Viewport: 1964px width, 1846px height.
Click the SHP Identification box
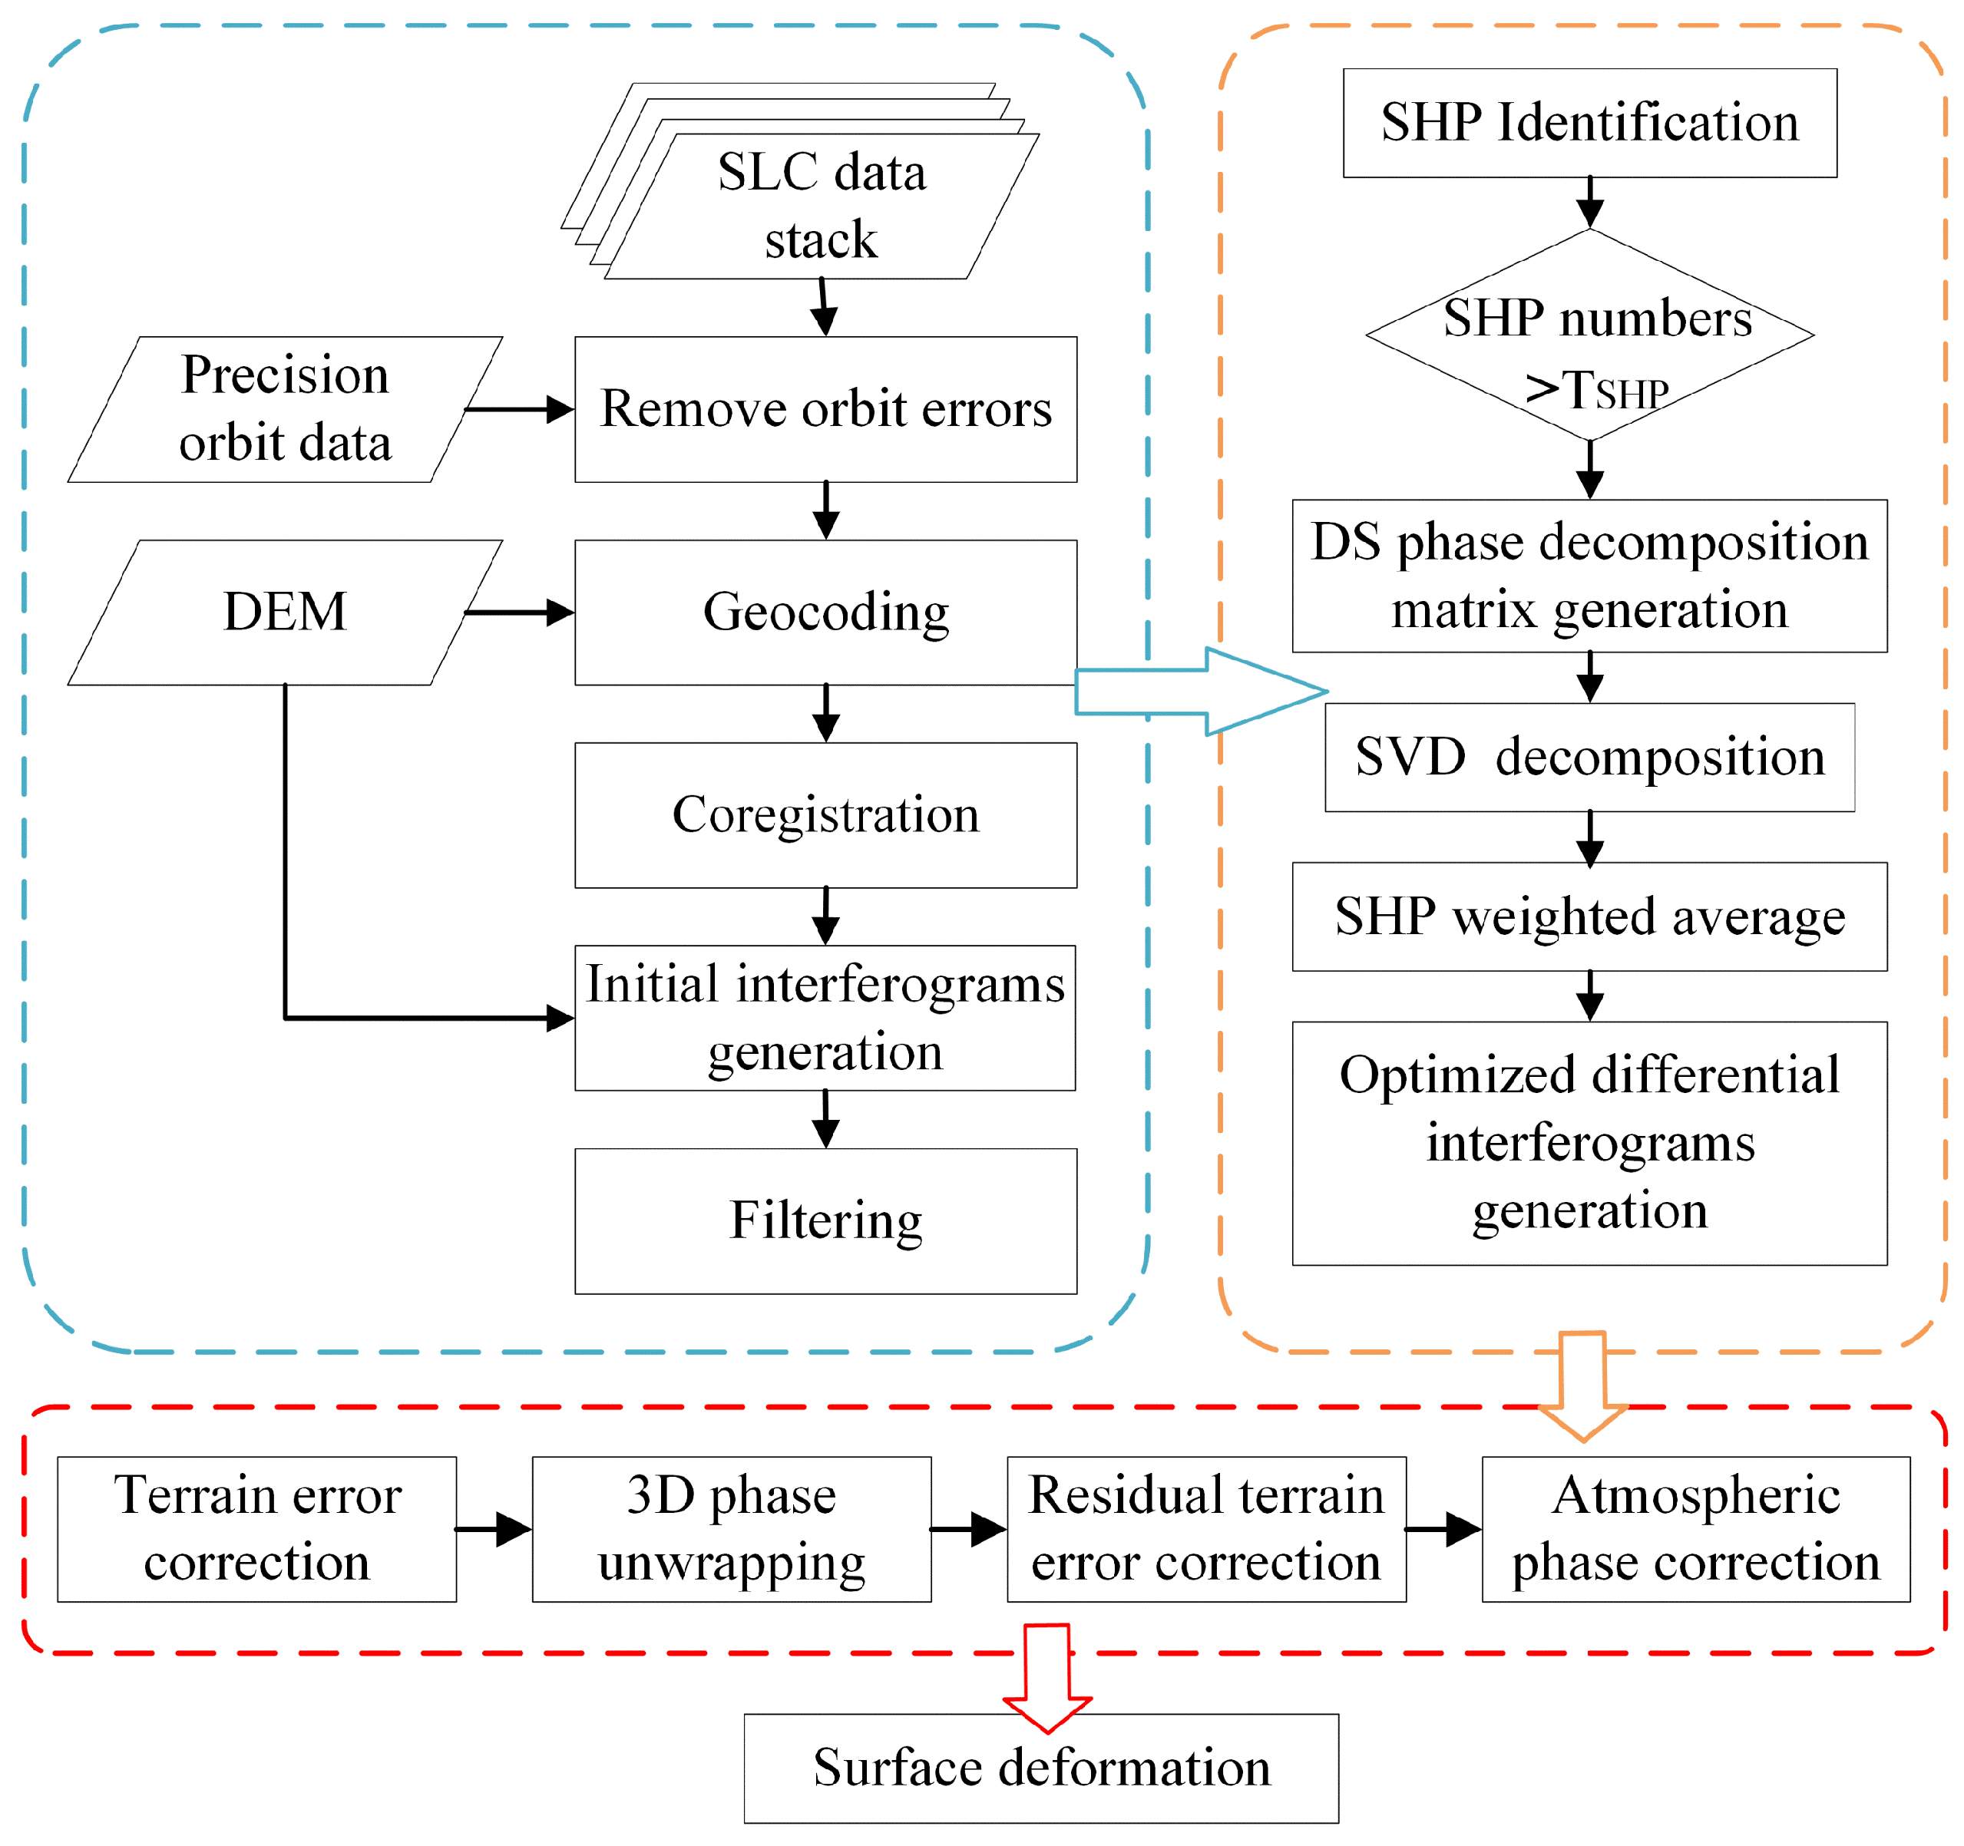pos(1589,124)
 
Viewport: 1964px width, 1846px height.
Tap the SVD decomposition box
pos(1589,758)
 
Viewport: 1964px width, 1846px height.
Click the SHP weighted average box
pos(1589,916)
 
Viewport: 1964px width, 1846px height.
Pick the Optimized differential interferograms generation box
pos(1589,1143)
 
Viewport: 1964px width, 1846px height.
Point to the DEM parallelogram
pos(285,613)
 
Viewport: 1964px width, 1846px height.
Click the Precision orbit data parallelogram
pos(285,409)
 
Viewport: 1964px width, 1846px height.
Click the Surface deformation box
pos(1040,1768)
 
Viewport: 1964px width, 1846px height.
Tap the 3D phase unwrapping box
pos(731,1529)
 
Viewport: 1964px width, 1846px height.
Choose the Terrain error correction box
pos(257,1529)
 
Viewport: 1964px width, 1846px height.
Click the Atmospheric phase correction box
pos(1695,1529)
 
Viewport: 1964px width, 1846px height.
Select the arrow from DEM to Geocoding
pos(519,613)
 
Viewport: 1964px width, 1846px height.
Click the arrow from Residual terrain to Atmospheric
pos(1443,1529)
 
